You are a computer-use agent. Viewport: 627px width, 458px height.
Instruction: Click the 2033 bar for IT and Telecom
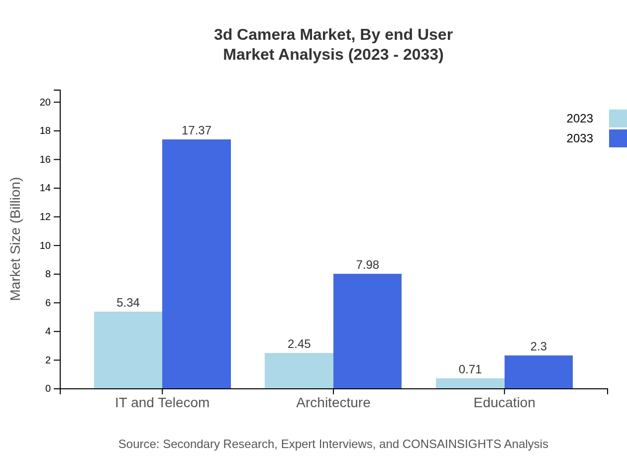pos(197,264)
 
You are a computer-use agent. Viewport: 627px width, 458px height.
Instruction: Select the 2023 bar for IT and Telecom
pos(128,350)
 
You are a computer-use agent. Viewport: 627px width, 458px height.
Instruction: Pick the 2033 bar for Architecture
pos(367,331)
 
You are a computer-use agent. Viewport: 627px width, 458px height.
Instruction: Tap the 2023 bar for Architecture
pos(299,371)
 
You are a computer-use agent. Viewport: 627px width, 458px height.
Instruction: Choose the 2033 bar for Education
pos(538,372)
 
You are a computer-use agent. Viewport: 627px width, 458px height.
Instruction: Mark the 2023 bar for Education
pos(470,383)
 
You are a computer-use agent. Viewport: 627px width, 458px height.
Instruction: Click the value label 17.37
pos(197,130)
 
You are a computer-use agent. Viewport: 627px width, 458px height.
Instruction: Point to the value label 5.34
pos(128,303)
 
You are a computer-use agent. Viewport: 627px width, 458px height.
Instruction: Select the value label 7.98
pos(367,265)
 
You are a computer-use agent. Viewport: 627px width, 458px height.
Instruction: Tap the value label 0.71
pos(470,369)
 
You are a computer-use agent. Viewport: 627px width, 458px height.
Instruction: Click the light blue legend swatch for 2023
pos(618,118)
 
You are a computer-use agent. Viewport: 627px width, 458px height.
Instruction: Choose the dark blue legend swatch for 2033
pos(618,138)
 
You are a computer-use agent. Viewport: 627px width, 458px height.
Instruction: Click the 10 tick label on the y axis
pos(45,245)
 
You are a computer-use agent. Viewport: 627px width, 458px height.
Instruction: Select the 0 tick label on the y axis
pos(48,389)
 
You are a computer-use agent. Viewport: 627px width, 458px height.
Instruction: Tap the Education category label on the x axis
pos(504,402)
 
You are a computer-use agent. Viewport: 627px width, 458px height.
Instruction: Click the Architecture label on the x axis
pos(333,402)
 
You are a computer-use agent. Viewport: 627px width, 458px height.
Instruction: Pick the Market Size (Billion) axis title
pos(15,239)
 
